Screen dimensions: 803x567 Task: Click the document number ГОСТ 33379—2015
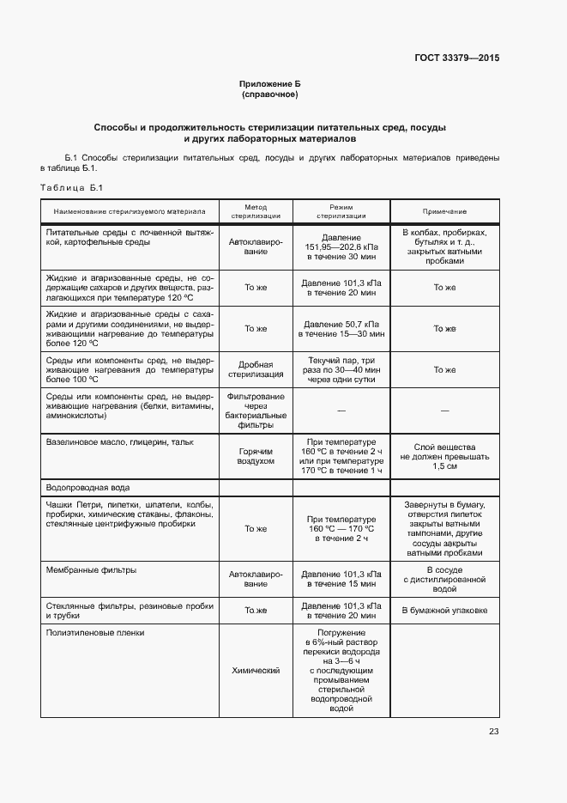455,58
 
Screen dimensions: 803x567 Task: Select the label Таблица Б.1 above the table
72,188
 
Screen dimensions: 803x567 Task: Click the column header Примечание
444,211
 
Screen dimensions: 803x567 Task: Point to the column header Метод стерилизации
256,211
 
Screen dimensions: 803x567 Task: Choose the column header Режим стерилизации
341,211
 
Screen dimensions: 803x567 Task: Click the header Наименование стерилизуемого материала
130,211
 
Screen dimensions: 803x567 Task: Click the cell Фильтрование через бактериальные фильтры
256,411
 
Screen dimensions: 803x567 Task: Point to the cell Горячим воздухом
256,456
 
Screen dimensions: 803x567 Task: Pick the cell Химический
256,670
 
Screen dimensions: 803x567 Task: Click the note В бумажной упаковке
444,611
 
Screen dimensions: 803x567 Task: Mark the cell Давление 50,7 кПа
341,329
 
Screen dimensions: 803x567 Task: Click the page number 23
493,732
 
